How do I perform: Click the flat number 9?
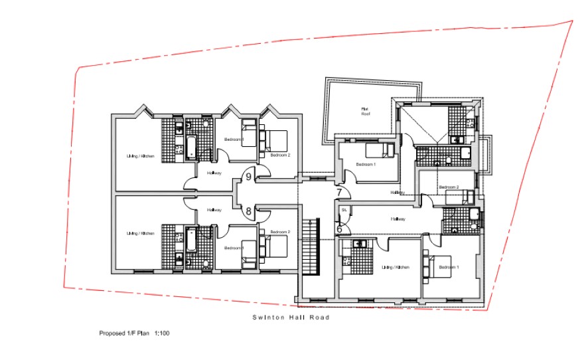[x=249, y=177]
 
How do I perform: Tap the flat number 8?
[x=249, y=212]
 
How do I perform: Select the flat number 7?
[x=339, y=193]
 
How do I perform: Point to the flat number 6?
[x=339, y=228]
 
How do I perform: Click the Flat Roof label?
[x=364, y=111]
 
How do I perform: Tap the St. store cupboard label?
[x=344, y=210]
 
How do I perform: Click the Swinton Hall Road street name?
[x=291, y=317]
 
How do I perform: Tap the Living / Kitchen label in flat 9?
[x=141, y=157]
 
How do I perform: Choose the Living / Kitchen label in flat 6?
[x=395, y=267]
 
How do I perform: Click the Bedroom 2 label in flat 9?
[x=280, y=155]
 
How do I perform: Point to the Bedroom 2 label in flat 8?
[x=280, y=232]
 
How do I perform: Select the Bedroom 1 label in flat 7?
[x=366, y=164]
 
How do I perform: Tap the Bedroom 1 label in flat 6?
[x=448, y=267]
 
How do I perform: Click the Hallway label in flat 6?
[x=398, y=219]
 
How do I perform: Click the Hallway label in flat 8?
[x=214, y=210]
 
